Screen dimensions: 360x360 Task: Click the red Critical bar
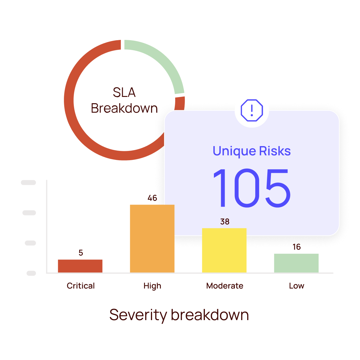coord(80,266)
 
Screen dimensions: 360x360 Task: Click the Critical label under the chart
coord(81,286)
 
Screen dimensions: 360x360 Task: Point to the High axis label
coord(152,286)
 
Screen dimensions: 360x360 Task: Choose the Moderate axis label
coord(225,286)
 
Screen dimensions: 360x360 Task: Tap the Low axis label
coord(297,286)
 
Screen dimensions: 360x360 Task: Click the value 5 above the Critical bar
coord(81,253)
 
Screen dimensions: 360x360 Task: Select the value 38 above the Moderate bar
coord(225,222)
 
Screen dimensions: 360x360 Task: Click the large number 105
coord(252,188)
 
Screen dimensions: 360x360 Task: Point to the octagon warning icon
coord(252,110)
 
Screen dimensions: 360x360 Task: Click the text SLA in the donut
coord(124,93)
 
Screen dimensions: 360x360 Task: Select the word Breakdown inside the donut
coord(124,108)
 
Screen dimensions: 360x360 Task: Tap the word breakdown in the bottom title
coord(210,315)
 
